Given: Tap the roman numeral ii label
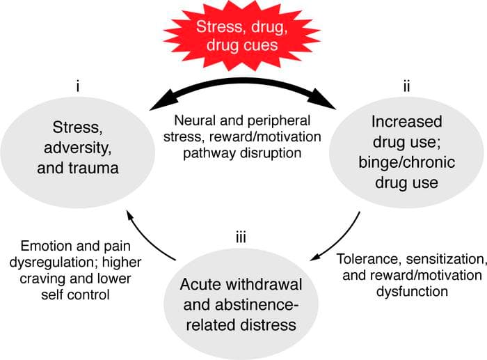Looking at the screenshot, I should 407,88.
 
